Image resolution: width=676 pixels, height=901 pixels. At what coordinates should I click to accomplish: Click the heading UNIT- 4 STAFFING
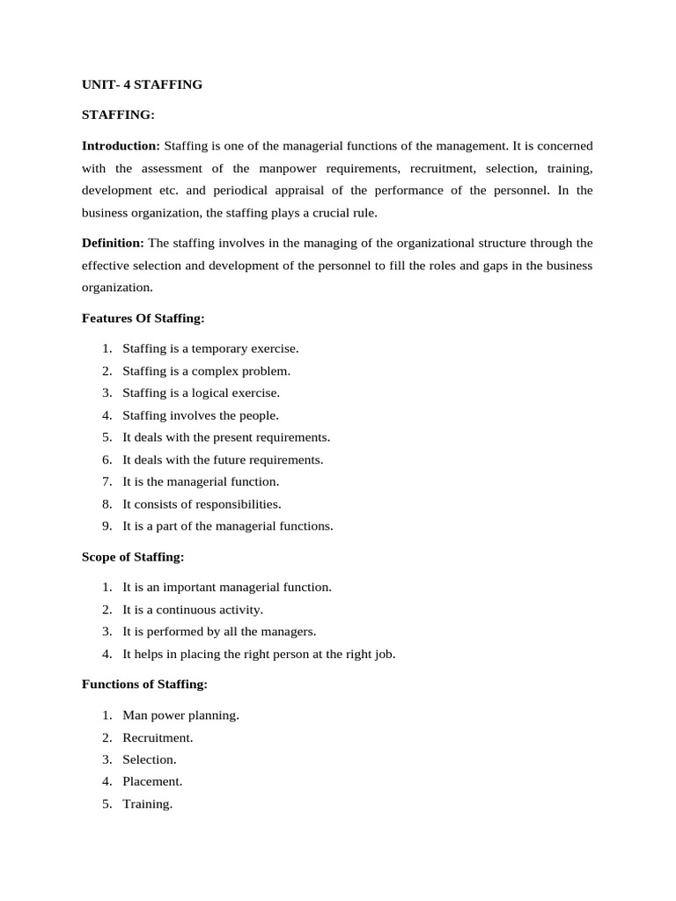[142, 84]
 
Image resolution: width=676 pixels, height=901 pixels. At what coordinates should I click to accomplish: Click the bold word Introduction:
[121, 145]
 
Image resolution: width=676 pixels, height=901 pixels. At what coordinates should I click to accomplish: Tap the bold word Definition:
[113, 243]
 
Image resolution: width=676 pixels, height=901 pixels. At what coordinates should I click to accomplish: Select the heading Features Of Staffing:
[143, 318]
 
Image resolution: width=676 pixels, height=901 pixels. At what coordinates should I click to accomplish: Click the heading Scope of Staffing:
[133, 557]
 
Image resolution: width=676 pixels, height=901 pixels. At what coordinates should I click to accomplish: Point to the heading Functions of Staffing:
[144, 685]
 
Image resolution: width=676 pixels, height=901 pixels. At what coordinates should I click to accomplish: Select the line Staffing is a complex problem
[206, 371]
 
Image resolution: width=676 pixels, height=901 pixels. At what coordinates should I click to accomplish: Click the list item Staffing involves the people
[200, 415]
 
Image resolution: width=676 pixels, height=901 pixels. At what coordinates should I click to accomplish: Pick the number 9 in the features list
[106, 526]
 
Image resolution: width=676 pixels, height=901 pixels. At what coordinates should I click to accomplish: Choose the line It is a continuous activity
[193, 609]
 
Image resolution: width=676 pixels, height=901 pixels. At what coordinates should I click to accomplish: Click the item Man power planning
[180, 715]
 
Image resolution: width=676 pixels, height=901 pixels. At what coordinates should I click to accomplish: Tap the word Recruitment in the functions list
[158, 737]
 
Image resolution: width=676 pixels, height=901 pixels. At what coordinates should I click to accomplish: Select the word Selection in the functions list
[150, 759]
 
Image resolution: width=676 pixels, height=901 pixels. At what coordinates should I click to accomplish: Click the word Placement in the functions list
[152, 781]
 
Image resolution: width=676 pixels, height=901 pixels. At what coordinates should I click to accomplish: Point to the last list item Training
[147, 803]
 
